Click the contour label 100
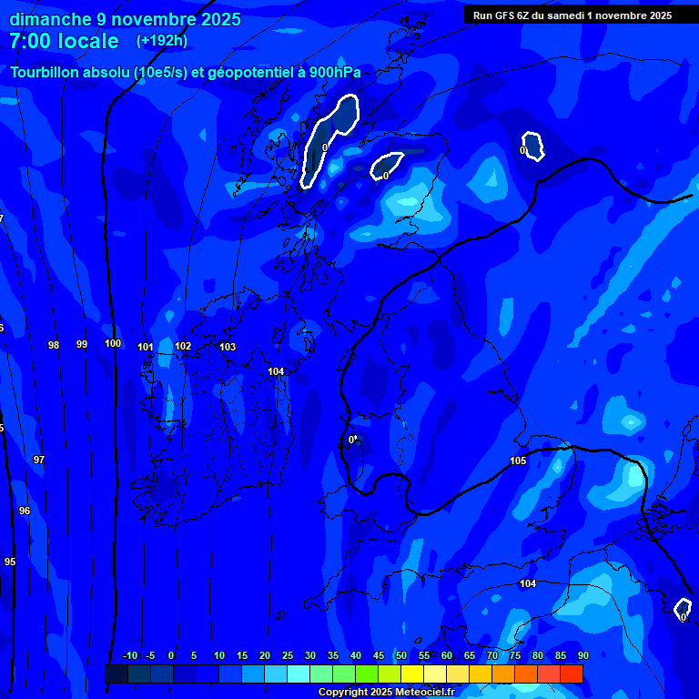pos(113,343)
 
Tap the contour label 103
pos(228,347)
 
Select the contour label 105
pos(518,461)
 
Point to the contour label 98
pos(54,345)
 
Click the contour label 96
pos(25,511)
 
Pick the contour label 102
pos(183,346)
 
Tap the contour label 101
pos(146,347)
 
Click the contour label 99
pos(82,344)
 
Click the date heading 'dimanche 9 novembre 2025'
pos(125,19)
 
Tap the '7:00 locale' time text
pos(64,41)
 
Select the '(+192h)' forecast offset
pos(163,40)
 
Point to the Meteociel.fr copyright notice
pos(386,692)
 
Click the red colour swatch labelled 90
pos(572,674)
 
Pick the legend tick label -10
pos(129,655)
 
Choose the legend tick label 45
pos(379,655)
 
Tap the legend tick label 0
pos(171,655)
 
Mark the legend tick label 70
pos(492,655)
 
